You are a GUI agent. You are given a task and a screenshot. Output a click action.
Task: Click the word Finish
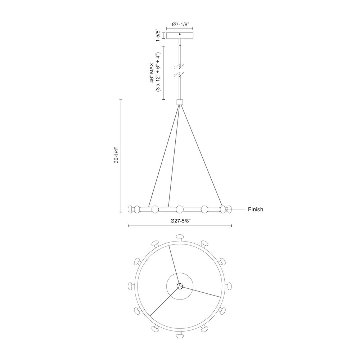pyautogui.click(x=256, y=209)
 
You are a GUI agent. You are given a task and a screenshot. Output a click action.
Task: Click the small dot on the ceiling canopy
pyautogui.click(x=180, y=34)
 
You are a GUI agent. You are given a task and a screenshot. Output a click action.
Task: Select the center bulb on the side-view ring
pyautogui.click(x=180, y=209)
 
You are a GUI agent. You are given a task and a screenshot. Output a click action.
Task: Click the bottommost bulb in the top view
pyautogui.click(x=180, y=336)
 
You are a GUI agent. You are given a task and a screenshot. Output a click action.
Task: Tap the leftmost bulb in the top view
pyautogui.click(x=131, y=286)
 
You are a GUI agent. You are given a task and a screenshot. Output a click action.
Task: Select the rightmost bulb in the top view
pyautogui.click(x=229, y=286)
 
